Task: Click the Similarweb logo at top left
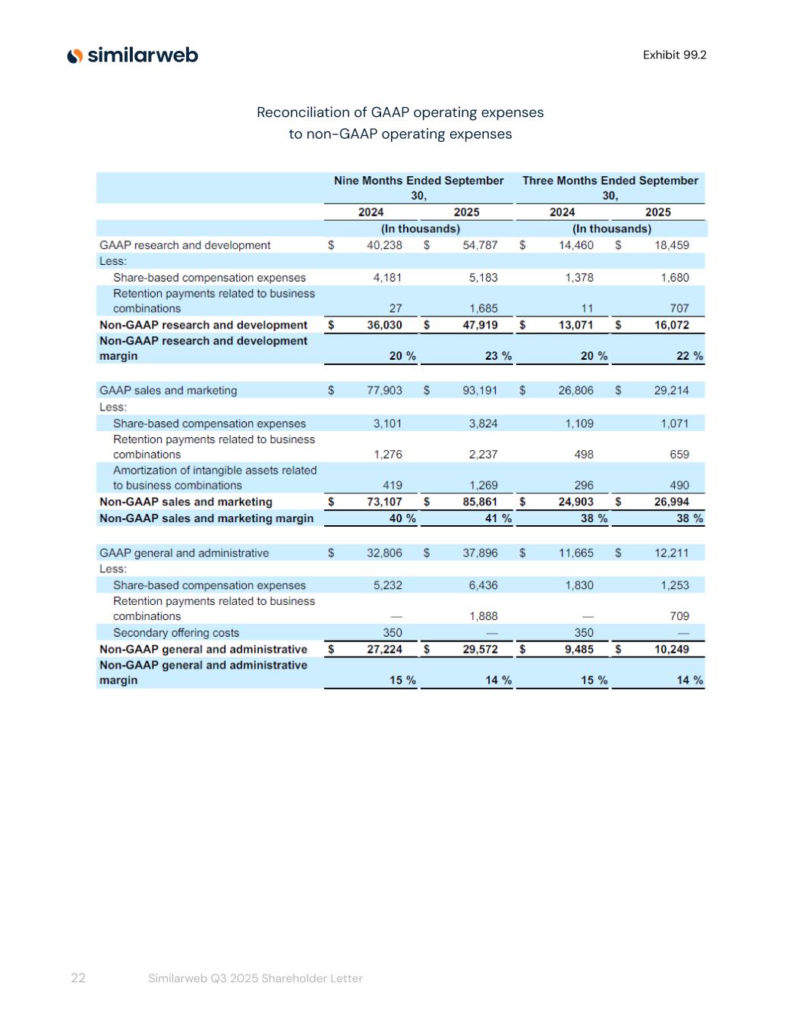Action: pos(133,55)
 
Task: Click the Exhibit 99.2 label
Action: pos(674,55)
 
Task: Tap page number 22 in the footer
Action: pos(78,978)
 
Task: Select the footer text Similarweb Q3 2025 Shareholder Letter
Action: pos(255,978)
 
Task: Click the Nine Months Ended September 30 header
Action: pos(419,187)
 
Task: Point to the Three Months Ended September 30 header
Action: pos(610,187)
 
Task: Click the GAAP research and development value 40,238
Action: pos(384,245)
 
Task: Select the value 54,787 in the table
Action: pos(480,245)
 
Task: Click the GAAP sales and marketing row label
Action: pos(168,390)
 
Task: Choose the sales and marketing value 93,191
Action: pos(480,390)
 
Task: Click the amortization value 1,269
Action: pos(483,485)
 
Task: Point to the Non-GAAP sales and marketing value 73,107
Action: pos(384,502)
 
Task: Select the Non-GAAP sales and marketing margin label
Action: pos(207,518)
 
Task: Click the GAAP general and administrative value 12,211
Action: pos(671,553)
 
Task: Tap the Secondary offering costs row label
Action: pos(176,633)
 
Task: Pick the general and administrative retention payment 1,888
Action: pos(483,616)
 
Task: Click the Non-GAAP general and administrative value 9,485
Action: pos(579,649)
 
